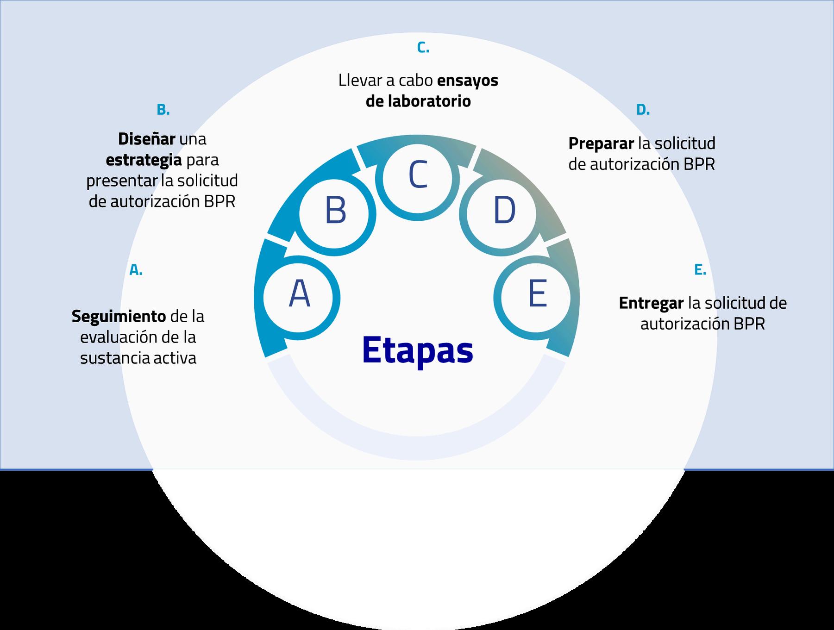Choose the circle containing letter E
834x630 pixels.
[537, 295]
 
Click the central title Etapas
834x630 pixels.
[418, 350]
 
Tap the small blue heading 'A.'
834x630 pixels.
[136, 270]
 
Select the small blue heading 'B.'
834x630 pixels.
[163, 110]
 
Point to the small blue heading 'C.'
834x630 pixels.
[423, 48]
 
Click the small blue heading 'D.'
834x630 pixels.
[643, 110]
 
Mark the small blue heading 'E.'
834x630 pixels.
[700, 270]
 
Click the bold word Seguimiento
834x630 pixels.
[119, 317]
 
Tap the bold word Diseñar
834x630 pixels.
[146, 139]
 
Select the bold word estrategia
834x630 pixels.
[144, 160]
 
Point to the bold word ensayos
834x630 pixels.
[467, 81]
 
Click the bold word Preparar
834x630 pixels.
[601, 143]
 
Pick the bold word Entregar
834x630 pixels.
[651, 303]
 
